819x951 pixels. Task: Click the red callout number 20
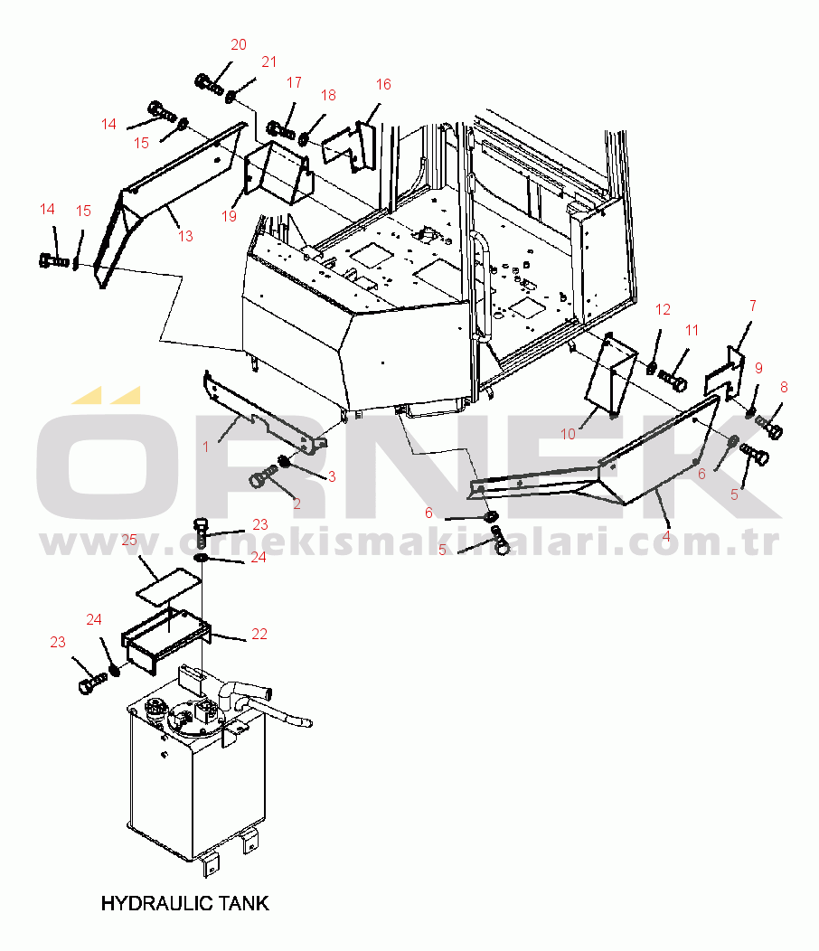point(239,45)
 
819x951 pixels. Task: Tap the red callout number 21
point(268,61)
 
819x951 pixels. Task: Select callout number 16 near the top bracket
point(383,84)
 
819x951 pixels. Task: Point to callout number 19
point(229,216)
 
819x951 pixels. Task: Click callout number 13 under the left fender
point(185,236)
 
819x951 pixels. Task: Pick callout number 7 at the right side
point(753,306)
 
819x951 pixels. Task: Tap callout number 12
point(663,310)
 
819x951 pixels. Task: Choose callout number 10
point(568,434)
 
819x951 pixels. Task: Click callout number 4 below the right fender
point(666,537)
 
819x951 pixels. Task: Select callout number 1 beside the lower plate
point(206,447)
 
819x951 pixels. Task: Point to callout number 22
point(259,634)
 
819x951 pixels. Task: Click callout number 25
point(129,540)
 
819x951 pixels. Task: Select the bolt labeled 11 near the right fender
point(673,381)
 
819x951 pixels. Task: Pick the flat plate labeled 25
point(169,586)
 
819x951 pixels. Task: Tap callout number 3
point(332,476)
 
